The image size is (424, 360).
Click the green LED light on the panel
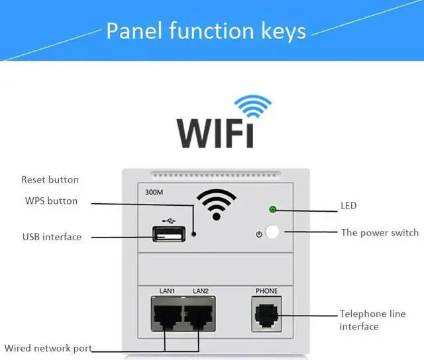(x=272, y=210)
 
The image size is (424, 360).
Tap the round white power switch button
(x=272, y=233)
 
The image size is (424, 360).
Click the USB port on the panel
(x=168, y=234)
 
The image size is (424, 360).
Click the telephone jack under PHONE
(x=266, y=312)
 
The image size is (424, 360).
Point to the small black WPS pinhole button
(x=193, y=234)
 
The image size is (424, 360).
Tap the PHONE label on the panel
(x=266, y=291)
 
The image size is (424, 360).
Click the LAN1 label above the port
(x=166, y=291)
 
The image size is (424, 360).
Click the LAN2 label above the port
(x=201, y=291)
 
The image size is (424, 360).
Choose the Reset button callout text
(x=50, y=179)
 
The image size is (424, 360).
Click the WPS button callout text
(x=51, y=201)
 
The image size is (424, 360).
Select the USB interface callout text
(x=52, y=236)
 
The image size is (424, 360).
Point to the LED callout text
(x=348, y=206)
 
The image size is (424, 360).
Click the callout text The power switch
(x=380, y=232)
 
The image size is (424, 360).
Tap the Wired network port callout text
(x=48, y=348)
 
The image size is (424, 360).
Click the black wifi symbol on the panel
(x=216, y=204)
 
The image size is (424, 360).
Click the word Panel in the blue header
(x=134, y=30)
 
